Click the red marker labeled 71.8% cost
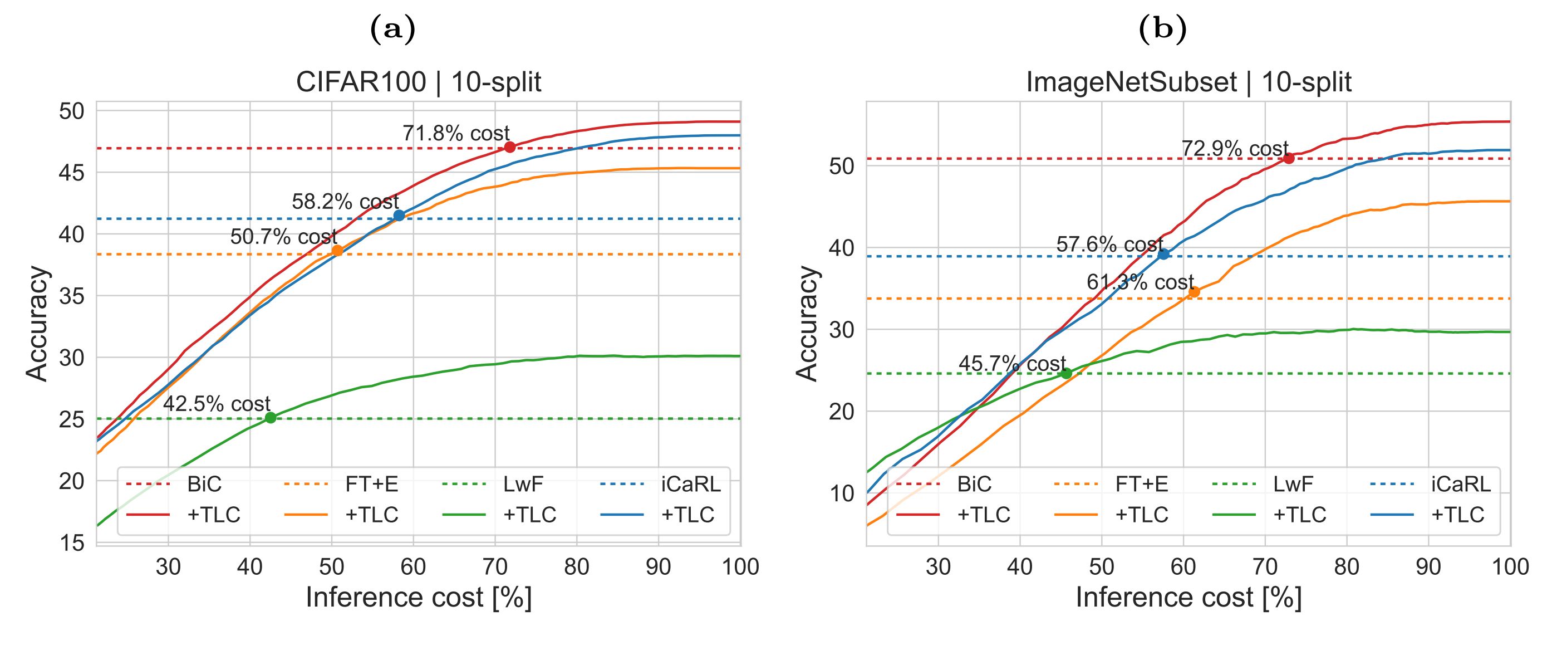[x=510, y=147]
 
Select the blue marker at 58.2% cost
[x=399, y=215]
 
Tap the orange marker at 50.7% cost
[x=337, y=250]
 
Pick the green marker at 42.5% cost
[x=271, y=418]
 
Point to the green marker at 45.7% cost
[x=1067, y=374]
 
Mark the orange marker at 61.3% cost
[x=1194, y=292]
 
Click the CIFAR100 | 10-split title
[x=418, y=82]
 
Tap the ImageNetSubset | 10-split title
[x=1188, y=82]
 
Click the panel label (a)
[x=392, y=30]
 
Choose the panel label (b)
[x=1162, y=30]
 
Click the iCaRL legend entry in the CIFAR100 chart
[x=690, y=483]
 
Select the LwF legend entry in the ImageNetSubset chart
[x=1293, y=483]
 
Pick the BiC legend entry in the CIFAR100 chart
[x=204, y=483]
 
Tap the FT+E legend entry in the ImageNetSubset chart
[x=1142, y=483]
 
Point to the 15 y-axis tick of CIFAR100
[x=72, y=543]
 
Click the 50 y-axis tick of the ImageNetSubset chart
[x=842, y=166]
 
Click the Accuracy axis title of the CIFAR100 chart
[x=37, y=324]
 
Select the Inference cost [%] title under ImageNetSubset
[x=1188, y=598]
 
